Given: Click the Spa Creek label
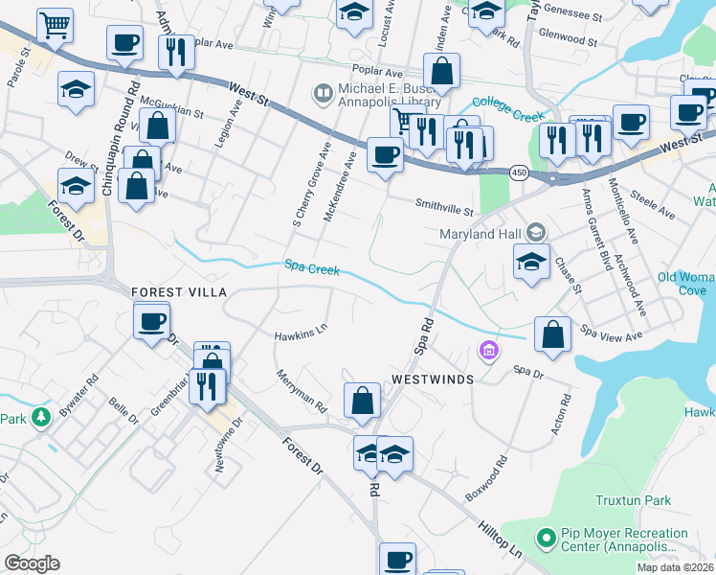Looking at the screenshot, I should pos(311,269).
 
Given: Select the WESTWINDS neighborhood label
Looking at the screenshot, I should pos(433,379).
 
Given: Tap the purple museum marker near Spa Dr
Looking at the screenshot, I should pos(489,353).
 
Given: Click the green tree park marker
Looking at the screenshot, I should pos(39,417).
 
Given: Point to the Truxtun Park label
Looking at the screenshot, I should pos(633,500).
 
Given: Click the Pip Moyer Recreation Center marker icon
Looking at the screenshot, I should pos(546,540).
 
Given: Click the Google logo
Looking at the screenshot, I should pos(32,563).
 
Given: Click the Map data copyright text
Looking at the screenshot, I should pos(675,567).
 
